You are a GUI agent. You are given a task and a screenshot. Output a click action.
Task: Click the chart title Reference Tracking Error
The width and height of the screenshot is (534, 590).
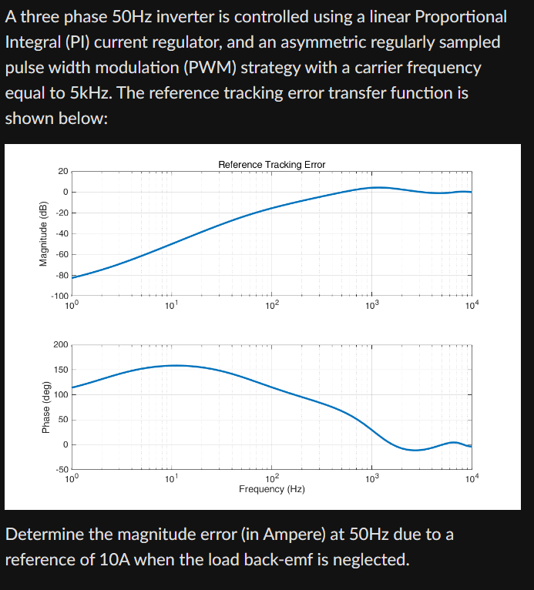(x=271, y=164)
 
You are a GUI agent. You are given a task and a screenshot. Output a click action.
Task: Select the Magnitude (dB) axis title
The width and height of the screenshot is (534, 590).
(x=44, y=233)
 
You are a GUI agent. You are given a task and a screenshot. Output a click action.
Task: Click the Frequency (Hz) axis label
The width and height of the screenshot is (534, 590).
(x=271, y=489)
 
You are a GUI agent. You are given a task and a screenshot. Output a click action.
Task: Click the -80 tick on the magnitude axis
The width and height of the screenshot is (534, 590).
(x=61, y=275)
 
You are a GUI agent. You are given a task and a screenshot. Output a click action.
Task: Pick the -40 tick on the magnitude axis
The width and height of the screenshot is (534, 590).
(x=61, y=233)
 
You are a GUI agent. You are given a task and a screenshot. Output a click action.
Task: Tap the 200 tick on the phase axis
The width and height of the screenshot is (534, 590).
(x=60, y=344)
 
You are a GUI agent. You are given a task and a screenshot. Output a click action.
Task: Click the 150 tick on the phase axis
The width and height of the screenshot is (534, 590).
(x=60, y=370)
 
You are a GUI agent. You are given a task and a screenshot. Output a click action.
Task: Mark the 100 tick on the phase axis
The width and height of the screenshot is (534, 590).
(x=60, y=394)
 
